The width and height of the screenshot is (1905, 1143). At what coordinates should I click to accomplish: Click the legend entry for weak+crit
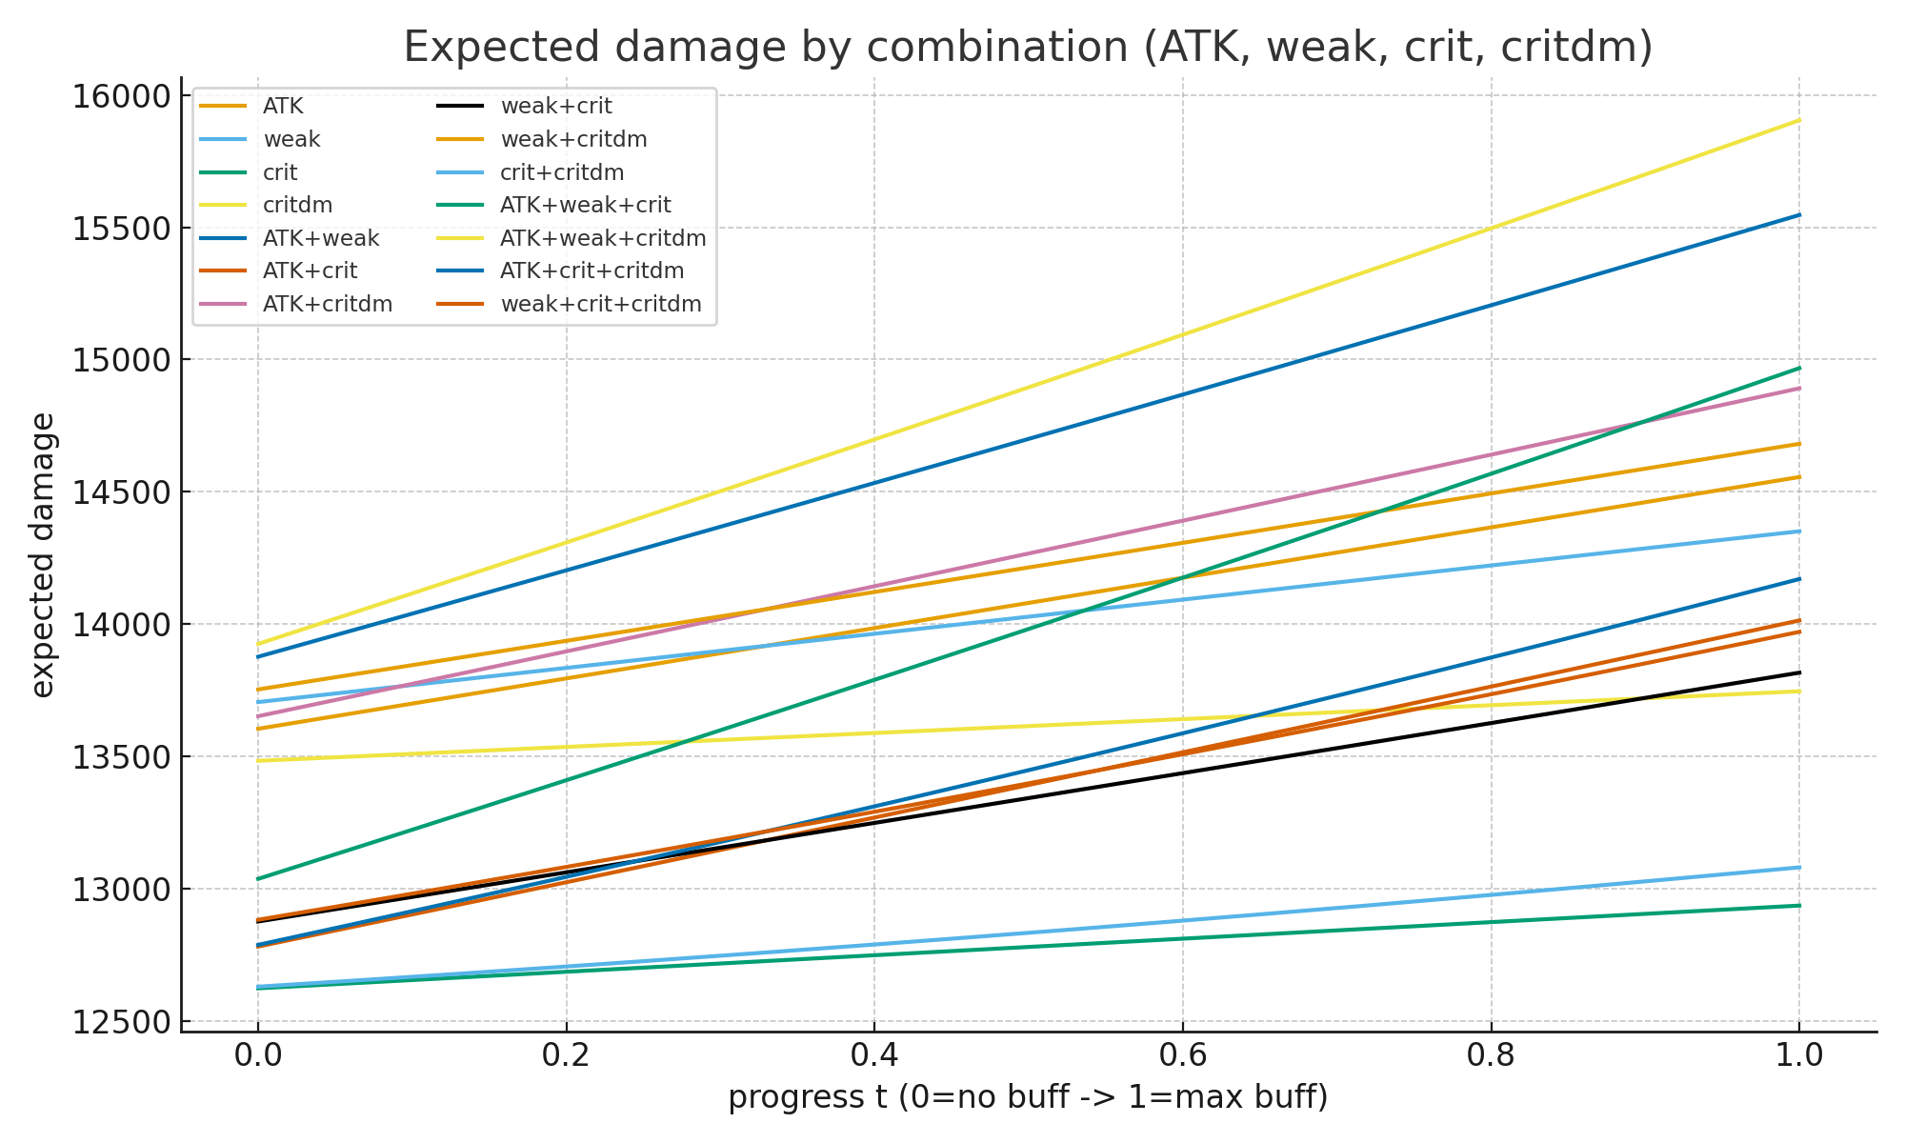tap(556, 107)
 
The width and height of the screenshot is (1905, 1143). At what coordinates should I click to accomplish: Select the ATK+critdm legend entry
tap(328, 304)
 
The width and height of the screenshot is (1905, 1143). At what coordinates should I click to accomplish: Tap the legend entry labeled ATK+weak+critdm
tap(603, 238)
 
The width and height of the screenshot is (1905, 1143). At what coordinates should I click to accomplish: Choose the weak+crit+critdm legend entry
tap(601, 304)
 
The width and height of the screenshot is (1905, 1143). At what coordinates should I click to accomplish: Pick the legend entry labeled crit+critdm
tap(562, 172)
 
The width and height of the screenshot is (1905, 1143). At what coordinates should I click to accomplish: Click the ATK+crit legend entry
tap(310, 271)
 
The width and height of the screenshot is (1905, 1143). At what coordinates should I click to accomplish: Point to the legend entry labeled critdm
tap(297, 205)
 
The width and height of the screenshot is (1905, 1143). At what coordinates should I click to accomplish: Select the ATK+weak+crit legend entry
tap(586, 205)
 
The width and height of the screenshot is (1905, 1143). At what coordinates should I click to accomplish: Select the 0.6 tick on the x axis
tap(1182, 1055)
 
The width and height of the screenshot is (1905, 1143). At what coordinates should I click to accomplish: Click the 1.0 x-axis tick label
tap(1798, 1055)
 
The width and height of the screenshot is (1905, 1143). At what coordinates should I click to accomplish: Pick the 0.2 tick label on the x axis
tap(566, 1055)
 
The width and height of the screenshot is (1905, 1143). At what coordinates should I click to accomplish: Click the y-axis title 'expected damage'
tap(43, 554)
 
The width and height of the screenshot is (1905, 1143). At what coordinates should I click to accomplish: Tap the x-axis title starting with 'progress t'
tap(1028, 1097)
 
